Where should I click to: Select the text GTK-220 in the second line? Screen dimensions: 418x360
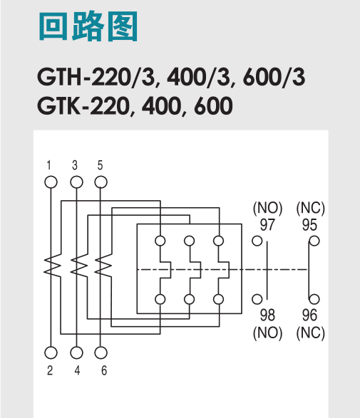[82, 108]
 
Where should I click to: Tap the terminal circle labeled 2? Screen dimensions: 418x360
[50, 352]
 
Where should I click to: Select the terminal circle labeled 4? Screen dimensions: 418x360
[76, 352]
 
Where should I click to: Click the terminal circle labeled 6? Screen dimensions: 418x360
[101, 352]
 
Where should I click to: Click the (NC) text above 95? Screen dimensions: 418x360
[310, 209]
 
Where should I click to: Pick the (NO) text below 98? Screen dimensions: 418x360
[268, 331]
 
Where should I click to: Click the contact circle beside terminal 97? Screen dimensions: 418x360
[257, 240]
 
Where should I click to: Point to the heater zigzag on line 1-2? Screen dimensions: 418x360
[50, 266]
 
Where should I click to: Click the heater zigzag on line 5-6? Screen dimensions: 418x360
[101, 266]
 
